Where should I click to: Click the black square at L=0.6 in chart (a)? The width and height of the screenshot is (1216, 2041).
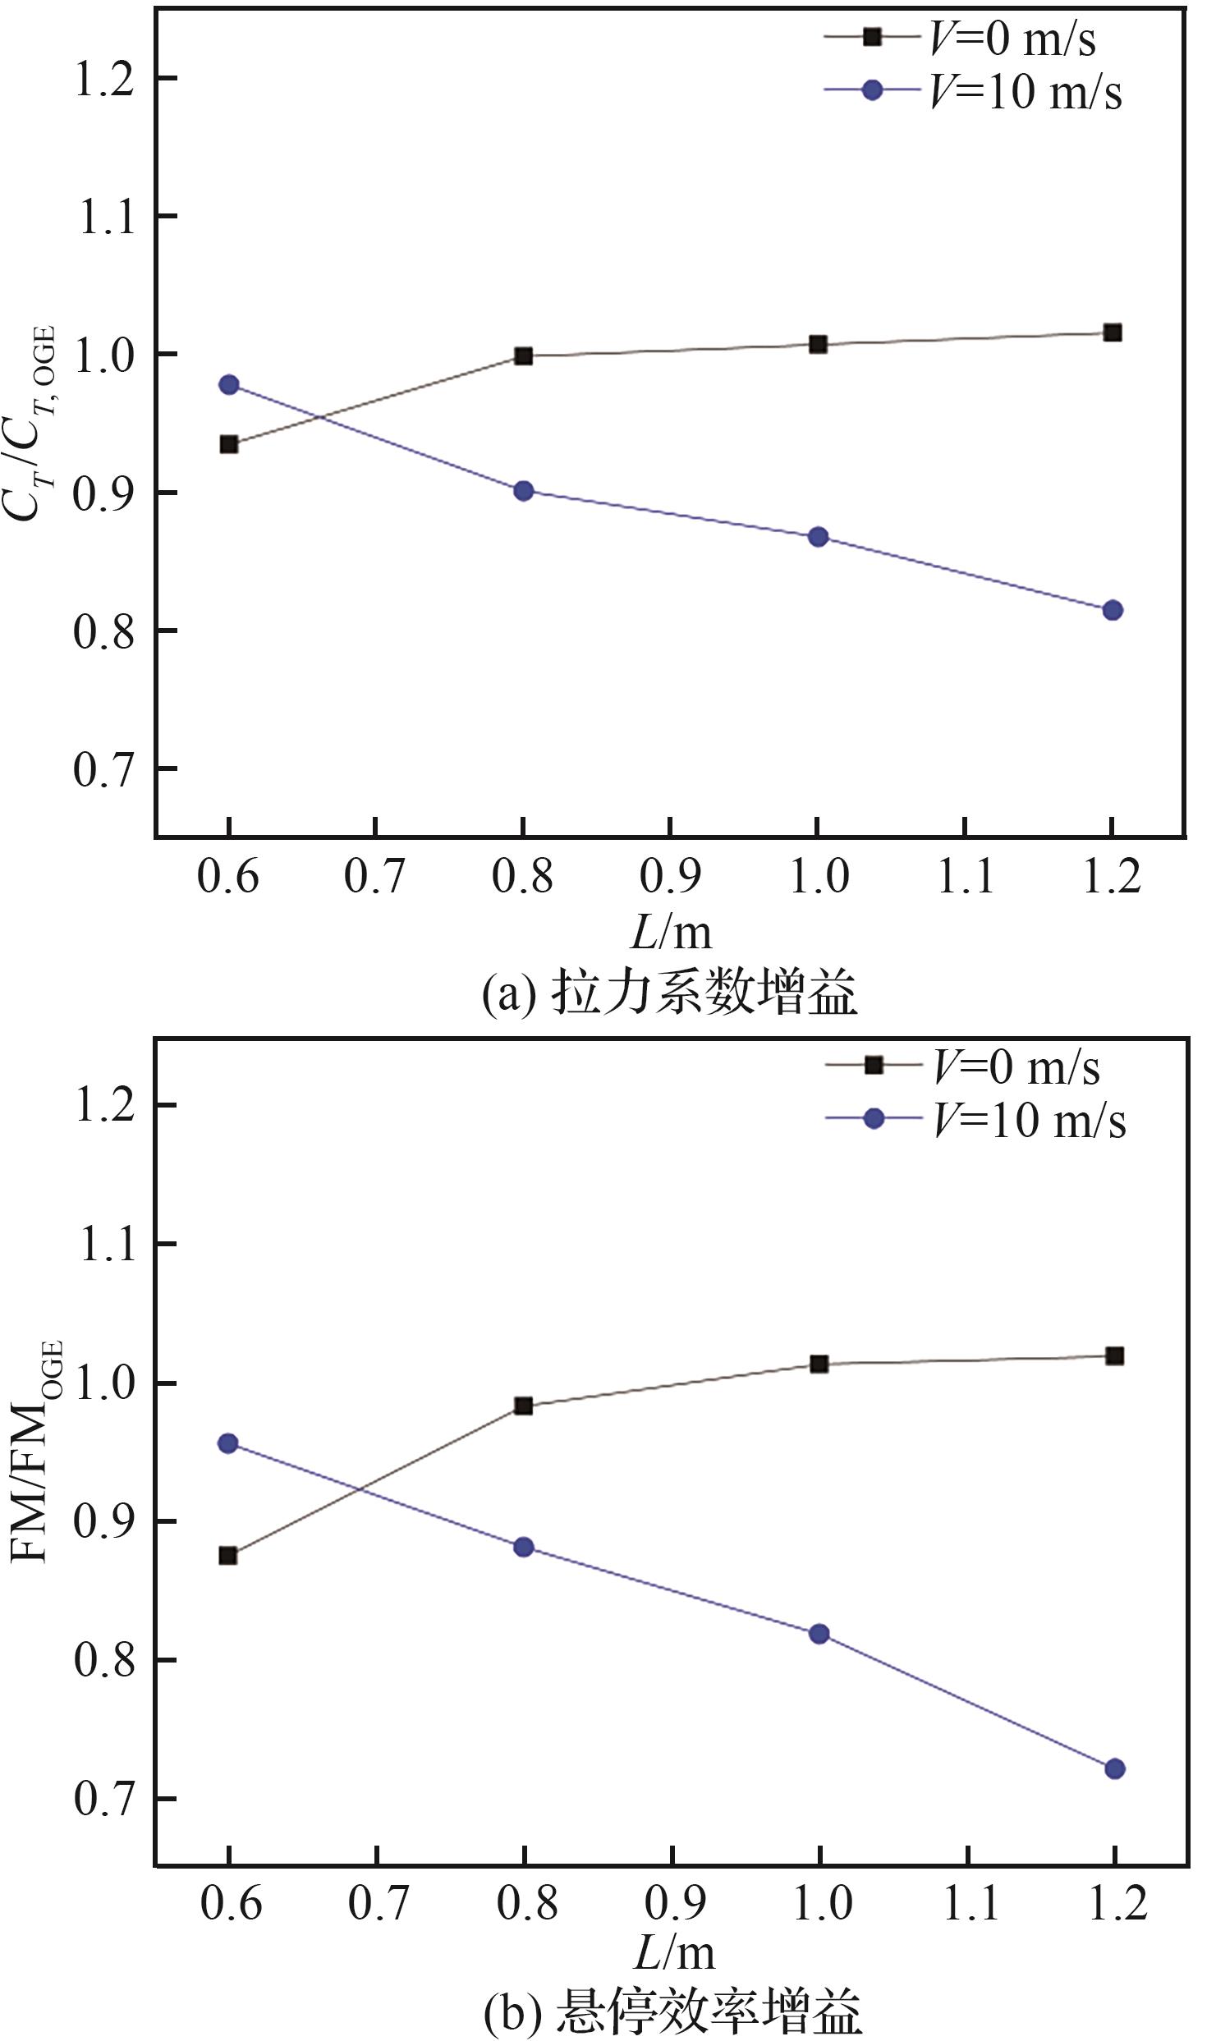pyautogui.click(x=229, y=444)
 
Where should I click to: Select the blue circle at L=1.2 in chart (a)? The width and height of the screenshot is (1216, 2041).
pyautogui.click(x=1113, y=610)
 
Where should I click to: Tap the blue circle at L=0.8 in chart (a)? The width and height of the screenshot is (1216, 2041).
pyautogui.click(x=524, y=491)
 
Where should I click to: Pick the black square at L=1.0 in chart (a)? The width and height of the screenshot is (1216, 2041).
pyautogui.click(x=818, y=344)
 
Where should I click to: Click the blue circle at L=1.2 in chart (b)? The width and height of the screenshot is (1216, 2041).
pyautogui.click(x=1114, y=1768)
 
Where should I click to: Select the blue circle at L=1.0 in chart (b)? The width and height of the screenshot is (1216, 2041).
pyautogui.click(x=819, y=1633)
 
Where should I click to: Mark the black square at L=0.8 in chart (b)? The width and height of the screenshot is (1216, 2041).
pyautogui.click(x=524, y=1406)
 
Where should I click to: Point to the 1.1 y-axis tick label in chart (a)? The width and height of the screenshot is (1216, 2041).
pyautogui.click(x=104, y=217)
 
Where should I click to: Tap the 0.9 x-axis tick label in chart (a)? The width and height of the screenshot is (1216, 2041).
pyautogui.click(x=670, y=877)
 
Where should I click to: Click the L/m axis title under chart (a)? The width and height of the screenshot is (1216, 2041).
pyautogui.click(x=671, y=931)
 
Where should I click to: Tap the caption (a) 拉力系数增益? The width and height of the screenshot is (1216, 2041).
pyautogui.click(x=669, y=992)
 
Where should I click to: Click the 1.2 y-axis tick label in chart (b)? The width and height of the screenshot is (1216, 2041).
pyautogui.click(x=104, y=1104)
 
